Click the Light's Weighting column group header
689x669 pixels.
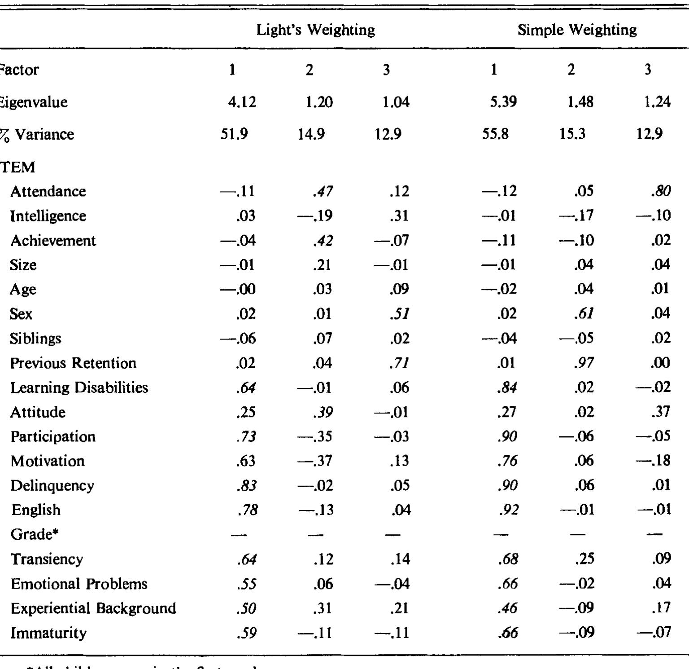point(315,30)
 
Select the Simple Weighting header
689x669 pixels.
point(577,30)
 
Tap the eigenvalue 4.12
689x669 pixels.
point(242,102)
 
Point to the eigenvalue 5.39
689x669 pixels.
point(503,102)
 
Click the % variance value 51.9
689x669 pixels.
point(234,134)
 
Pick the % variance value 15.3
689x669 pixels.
point(572,134)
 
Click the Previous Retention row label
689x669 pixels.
point(73,363)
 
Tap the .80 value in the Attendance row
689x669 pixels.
point(661,191)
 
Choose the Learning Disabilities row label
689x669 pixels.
point(79,387)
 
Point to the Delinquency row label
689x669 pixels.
point(52,485)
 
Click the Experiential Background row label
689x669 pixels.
point(93,608)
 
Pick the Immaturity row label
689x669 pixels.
point(48,633)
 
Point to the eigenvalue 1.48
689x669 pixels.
point(580,102)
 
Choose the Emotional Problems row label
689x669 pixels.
point(79,584)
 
